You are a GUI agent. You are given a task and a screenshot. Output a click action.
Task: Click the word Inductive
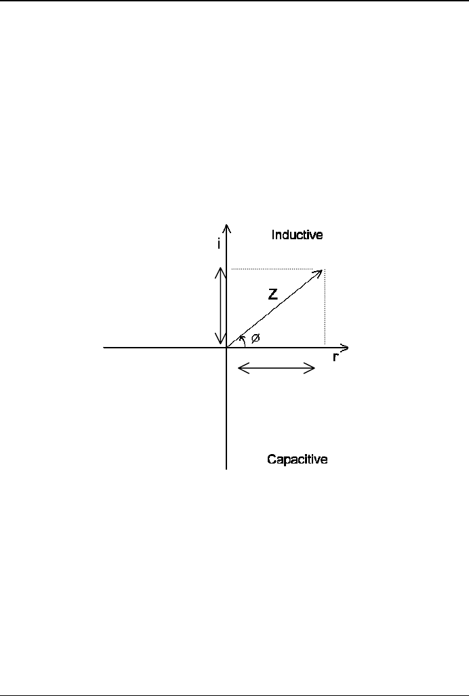click(x=297, y=235)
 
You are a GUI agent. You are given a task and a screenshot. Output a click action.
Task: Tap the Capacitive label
click(x=298, y=459)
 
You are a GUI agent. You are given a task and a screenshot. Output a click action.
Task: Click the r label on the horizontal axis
click(x=335, y=357)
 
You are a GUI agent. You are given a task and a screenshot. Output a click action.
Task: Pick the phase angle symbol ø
click(x=255, y=338)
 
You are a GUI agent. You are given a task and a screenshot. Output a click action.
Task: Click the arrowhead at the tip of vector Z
click(x=319, y=272)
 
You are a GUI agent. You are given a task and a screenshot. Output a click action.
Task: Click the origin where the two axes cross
click(x=226, y=347)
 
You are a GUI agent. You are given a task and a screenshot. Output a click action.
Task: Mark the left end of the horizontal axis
click(x=104, y=347)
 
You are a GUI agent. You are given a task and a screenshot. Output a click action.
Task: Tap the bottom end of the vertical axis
click(x=226, y=468)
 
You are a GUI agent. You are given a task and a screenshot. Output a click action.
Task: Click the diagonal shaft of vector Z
click(x=271, y=310)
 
